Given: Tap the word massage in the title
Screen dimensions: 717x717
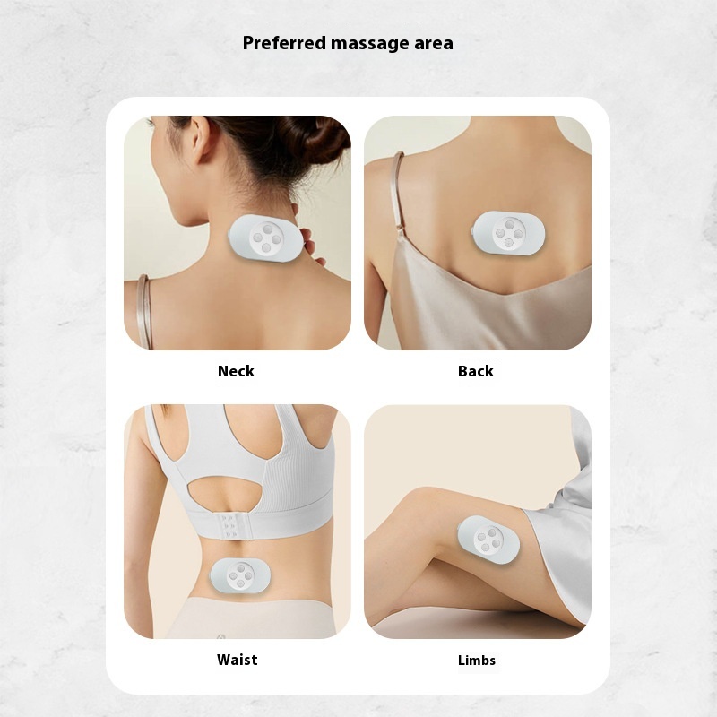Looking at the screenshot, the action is click(370, 44).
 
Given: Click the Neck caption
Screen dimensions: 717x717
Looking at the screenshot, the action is click(236, 371).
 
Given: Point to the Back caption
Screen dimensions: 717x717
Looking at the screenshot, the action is click(476, 371).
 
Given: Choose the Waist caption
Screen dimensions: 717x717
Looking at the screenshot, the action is click(237, 660).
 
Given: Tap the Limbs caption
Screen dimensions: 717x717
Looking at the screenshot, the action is click(477, 660).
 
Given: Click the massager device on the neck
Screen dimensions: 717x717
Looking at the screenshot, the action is click(265, 238).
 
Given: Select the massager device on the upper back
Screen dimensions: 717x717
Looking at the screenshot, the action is click(508, 233).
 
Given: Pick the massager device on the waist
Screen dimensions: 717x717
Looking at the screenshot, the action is click(240, 576).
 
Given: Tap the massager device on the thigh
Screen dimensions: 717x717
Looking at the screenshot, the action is click(488, 540).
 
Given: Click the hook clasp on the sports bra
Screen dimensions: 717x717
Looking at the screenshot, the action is click(230, 526).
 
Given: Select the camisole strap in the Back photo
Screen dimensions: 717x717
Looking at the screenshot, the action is click(399, 192).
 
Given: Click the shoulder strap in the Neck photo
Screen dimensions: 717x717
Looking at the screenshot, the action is click(144, 312).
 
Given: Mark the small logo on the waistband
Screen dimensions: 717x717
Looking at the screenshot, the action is click(220, 636).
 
